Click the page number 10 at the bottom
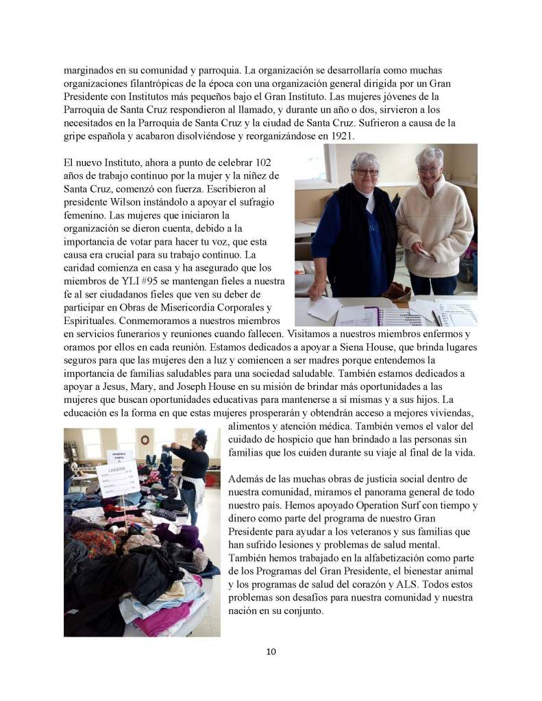click(x=271, y=651)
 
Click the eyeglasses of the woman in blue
click(x=365, y=172)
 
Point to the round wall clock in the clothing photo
click(x=145, y=439)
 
